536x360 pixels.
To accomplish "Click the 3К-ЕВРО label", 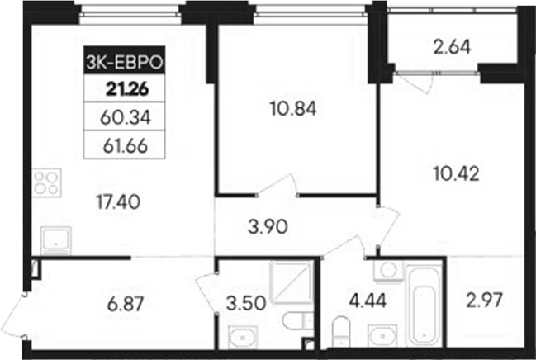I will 122,60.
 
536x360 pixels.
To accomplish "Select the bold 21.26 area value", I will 122,89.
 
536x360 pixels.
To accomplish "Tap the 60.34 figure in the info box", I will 122,117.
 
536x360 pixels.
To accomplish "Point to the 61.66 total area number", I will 122,145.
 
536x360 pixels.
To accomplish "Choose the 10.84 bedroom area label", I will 293,107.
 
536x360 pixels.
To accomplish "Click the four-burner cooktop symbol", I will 48,182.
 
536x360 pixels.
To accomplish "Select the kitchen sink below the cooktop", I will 56,239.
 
